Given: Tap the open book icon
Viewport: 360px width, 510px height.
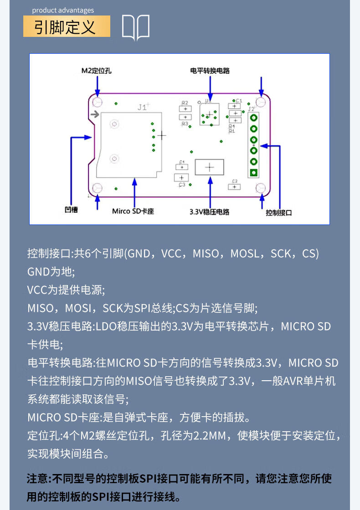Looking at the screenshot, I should pos(136,28).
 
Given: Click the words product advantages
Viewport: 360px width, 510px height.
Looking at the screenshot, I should pos(63,10).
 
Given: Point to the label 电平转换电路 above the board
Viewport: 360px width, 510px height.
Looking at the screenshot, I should pos(210,71).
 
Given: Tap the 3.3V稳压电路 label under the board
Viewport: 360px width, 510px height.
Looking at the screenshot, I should pos(210,212).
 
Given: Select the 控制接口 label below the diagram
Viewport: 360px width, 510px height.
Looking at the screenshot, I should pos(278,213).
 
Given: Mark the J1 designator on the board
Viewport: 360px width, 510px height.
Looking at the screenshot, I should pos(143,107).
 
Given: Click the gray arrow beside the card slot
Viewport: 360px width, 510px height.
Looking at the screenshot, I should pos(95,114).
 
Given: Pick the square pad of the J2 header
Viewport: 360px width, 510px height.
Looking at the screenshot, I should pos(253,172).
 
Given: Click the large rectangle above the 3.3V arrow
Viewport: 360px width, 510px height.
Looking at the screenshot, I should pos(209,167).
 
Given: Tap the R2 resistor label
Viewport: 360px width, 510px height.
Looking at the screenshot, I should pos(185,103).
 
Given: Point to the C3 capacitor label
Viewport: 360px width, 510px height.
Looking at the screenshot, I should pos(182,184).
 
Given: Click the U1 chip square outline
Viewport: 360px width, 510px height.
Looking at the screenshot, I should pos(209,114).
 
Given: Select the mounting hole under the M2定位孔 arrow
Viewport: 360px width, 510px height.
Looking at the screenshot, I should pos(97,102).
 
